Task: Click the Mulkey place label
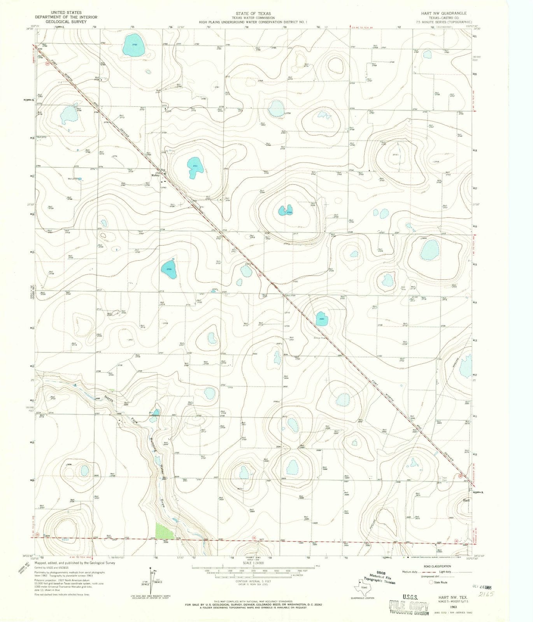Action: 156,175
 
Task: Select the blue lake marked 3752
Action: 133,45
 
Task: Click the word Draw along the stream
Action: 163,505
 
